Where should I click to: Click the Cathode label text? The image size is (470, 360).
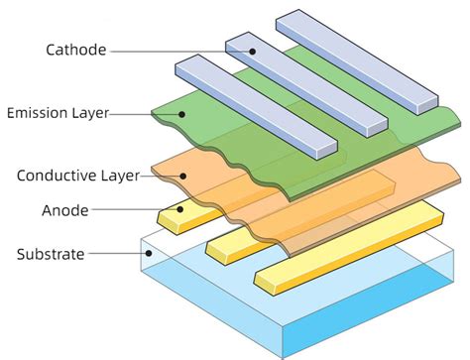pyautogui.click(x=75, y=50)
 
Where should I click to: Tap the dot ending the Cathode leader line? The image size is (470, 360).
pyautogui.click(x=252, y=51)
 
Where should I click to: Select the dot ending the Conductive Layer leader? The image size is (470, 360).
pyautogui.click(x=181, y=176)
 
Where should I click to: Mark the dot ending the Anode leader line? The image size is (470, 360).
pyautogui.click(x=179, y=210)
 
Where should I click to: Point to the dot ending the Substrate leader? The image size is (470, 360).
pyautogui.click(x=149, y=255)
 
